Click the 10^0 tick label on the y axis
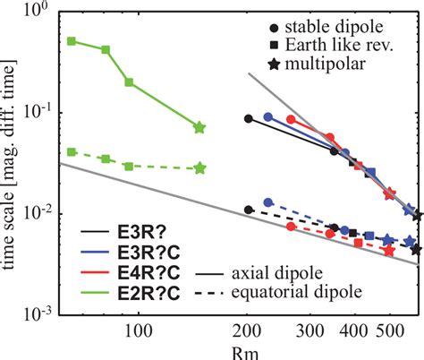pos(38,12)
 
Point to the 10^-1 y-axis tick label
pos(37,112)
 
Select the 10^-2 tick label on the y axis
pos(37,213)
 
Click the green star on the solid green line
pos(199,128)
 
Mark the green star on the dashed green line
pos(199,167)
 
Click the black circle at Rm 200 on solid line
pos(249,118)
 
